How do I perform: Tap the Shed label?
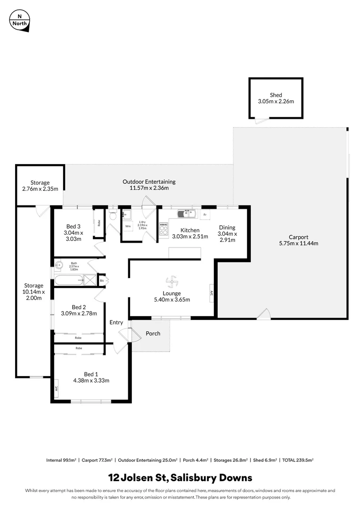(276, 95)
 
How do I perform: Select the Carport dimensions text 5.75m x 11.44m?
(299, 244)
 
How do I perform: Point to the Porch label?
(153, 334)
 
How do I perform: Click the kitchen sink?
(187, 213)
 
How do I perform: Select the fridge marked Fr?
(205, 214)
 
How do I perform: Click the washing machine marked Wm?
(128, 226)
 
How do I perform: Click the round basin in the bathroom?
(58, 265)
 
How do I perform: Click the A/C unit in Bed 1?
(56, 389)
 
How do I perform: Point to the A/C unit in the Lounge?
(212, 293)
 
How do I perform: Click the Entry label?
(116, 323)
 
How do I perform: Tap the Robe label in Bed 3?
(99, 223)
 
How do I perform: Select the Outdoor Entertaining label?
(149, 181)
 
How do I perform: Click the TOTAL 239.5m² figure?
(298, 460)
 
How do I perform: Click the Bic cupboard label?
(102, 281)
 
